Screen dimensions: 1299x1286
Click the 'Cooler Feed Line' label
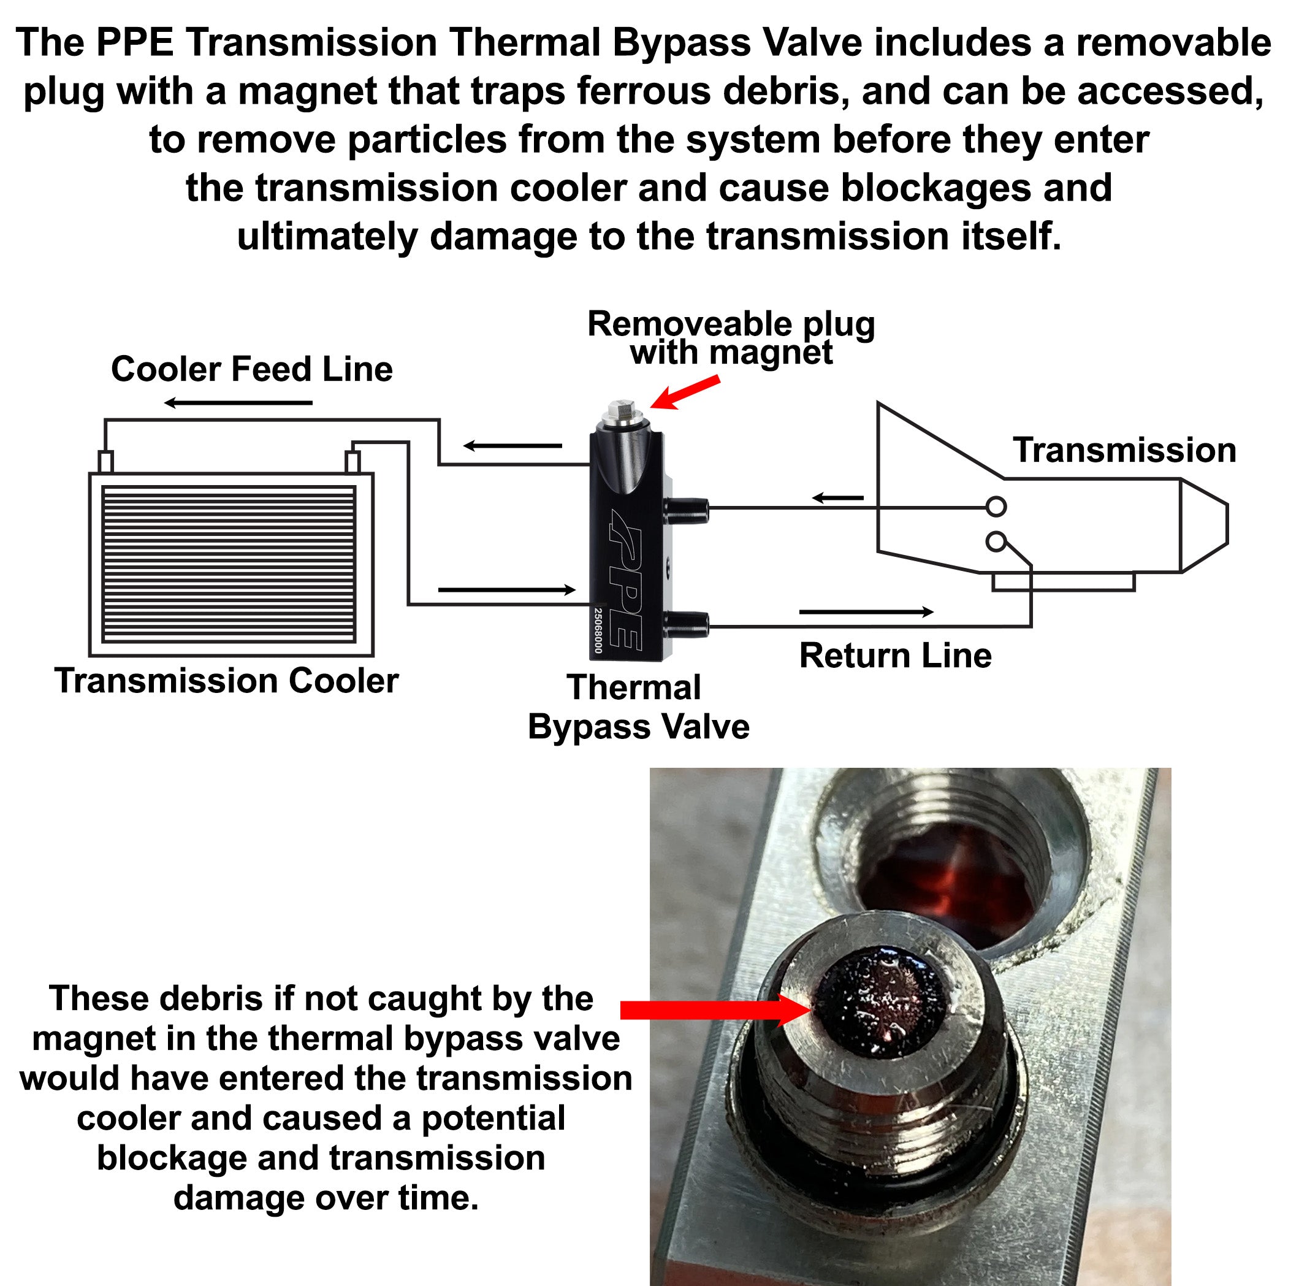pos(252,369)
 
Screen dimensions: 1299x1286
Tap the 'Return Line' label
pos(896,656)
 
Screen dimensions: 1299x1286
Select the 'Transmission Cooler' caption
pos(227,681)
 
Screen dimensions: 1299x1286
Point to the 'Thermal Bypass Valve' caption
pos(638,707)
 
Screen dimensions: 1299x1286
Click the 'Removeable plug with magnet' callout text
pos(731,339)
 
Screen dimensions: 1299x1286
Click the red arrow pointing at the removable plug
pos(685,392)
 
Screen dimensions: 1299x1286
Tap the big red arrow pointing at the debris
pos(717,1009)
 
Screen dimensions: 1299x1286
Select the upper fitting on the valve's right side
pos(686,510)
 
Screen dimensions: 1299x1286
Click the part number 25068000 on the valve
pos(598,630)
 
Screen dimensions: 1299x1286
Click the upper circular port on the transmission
pos(996,507)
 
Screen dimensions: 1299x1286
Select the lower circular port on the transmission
pos(996,542)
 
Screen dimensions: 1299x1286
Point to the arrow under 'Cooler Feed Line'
pos(238,403)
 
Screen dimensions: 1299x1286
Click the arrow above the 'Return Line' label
pos(866,611)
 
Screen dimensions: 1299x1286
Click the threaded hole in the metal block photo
pos(951,868)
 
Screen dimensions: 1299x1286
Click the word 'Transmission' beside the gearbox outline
pos(1125,450)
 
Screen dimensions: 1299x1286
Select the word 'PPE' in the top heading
pos(135,42)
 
